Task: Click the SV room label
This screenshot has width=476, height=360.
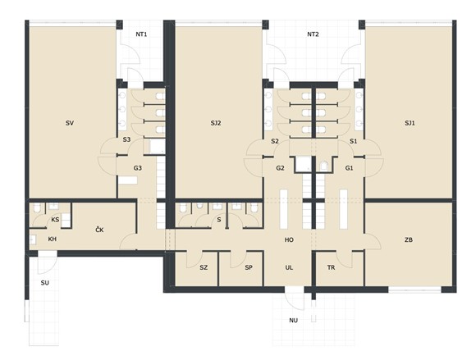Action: click(70, 123)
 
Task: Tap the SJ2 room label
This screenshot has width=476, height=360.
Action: click(216, 123)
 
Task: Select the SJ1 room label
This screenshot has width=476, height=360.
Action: click(410, 123)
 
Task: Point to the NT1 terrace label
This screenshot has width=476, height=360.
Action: click(141, 34)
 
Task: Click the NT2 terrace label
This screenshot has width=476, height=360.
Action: click(313, 34)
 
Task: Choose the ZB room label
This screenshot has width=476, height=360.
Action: click(409, 240)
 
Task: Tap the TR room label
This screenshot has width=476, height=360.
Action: click(332, 267)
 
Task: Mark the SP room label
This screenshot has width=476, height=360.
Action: click(249, 267)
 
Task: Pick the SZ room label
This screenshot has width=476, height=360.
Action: click(204, 267)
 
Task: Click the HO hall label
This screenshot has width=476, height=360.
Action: click(289, 240)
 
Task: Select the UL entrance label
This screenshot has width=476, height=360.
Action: click(289, 267)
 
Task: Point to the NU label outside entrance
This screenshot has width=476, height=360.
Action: click(294, 321)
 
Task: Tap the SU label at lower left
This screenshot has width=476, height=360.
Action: click(45, 283)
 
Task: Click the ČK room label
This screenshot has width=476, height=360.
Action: click(99, 230)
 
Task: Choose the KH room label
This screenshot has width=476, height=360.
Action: click(53, 239)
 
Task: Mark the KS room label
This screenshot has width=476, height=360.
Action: click(55, 220)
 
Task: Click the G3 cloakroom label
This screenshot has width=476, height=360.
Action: click(138, 168)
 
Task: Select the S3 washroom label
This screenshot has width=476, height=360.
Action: click(126, 139)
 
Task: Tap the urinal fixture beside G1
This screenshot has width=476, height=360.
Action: click(323, 166)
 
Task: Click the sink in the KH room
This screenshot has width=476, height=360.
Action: click(33, 239)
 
